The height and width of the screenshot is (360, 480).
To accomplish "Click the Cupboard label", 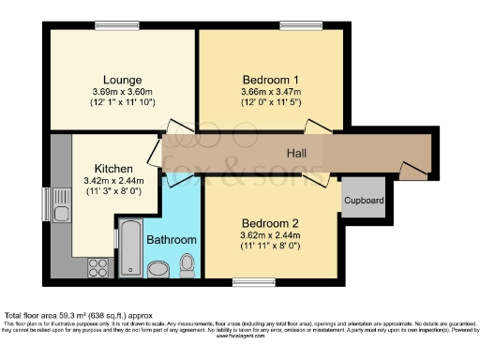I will [x=362, y=201].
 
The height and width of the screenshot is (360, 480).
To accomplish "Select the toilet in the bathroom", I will [x=187, y=264].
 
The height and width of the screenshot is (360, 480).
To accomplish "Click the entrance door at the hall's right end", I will [x=412, y=170].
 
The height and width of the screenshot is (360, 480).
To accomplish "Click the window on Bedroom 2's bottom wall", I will [x=245, y=279].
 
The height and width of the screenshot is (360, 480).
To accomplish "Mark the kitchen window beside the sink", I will [x=47, y=202].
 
